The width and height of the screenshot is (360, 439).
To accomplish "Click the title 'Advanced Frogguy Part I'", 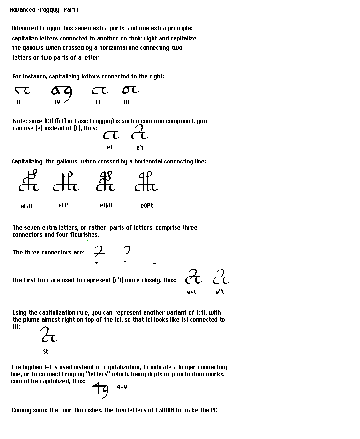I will (x=40, y=10).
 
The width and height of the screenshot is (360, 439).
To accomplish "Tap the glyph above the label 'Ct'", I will (x=100, y=90).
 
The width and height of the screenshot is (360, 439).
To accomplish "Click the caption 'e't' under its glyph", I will (x=140, y=147).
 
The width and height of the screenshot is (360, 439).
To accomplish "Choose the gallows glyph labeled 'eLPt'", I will (x=66, y=182).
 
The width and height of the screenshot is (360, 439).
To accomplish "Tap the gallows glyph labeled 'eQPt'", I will (x=146, y=182).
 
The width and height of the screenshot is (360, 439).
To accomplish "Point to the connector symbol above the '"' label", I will (x=126, y=250).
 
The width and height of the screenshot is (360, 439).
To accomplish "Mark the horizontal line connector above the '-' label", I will (x=155, y=254).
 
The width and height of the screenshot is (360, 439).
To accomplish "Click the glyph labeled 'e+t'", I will (x=193, y=277).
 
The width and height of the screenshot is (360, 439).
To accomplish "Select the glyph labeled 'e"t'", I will (x=221, y=277).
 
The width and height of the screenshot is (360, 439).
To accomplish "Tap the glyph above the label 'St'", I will (x=48, y=335).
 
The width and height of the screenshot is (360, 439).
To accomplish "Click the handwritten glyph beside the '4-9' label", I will (x=100, y=389).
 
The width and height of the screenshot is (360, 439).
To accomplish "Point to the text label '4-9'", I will (x=122, y=387).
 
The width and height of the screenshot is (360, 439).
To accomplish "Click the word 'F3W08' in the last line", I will (x=165, y=410).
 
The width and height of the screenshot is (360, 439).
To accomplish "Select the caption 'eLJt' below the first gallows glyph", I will (x=27, y=206).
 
